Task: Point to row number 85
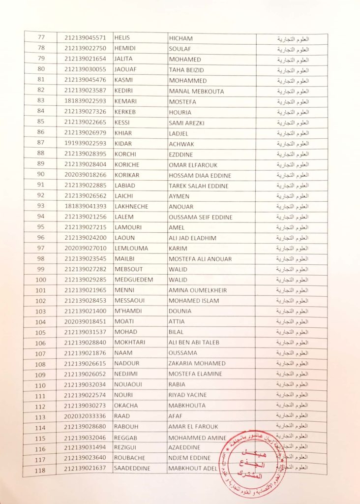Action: click(x=41, y=122)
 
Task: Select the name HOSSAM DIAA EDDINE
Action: click(x=200, y=175)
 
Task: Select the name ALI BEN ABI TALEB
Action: click(x=194, y=343)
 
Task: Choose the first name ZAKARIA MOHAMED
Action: click(x=197, y=363)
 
